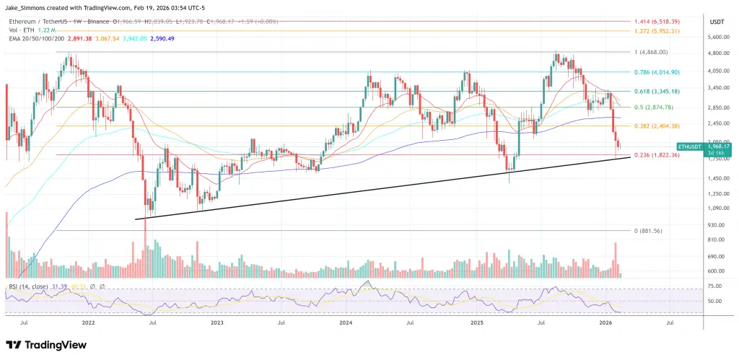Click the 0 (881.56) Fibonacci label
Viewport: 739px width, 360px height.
pyautogui.click(x=647, y=230)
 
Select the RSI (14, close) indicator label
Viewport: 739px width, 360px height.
pyautogui.click(x=30, y=287)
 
